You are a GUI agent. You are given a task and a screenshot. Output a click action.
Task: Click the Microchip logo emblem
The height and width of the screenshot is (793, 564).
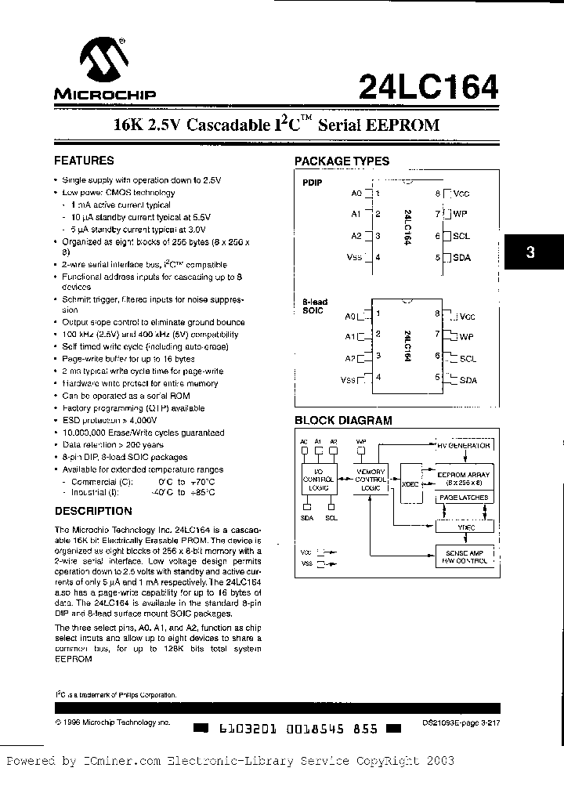pyautogui.click(x=104, y=62)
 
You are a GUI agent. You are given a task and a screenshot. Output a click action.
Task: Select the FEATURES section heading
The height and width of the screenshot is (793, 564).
pyautogui.click(x=83, y=161)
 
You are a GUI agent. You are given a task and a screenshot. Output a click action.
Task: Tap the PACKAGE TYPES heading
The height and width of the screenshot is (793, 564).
pyautogui.click(x=342, y=161)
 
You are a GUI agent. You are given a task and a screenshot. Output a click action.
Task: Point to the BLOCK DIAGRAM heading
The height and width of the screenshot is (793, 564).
pyautogui.click(x=343, y=420)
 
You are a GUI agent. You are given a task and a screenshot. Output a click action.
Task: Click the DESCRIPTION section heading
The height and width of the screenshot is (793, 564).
pyautogui.click(x=92, y=511)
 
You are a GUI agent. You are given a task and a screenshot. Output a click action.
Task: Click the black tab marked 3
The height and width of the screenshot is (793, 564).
pyautogui.click(x=533, y=253)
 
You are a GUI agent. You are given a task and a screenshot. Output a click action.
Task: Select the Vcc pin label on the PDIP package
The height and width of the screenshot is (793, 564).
pyautogui.click(x=461, y=193)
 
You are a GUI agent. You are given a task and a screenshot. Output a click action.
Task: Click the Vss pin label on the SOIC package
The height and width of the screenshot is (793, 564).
pyautogui.click(x=349, y=379)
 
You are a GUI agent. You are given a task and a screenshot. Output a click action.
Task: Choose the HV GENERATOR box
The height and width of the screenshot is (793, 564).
pyautogui.click(x=464, y=445)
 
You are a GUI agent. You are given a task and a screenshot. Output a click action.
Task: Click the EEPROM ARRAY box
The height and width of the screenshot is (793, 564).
pyautogui.click(x=464, y=478)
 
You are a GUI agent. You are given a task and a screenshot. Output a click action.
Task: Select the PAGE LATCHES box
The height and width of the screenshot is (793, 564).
pyautogui.click(x=464, y=498)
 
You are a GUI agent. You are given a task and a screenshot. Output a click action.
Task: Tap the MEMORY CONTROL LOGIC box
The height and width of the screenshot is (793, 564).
pyautogui.click(x=371, y=479)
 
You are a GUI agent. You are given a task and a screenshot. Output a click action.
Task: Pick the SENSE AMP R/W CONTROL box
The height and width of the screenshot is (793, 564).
pyautogui.click(x=464, y=556)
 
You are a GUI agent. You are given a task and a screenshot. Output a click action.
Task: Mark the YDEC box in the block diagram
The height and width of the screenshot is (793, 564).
pyautogui.click(x=464, y=527)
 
